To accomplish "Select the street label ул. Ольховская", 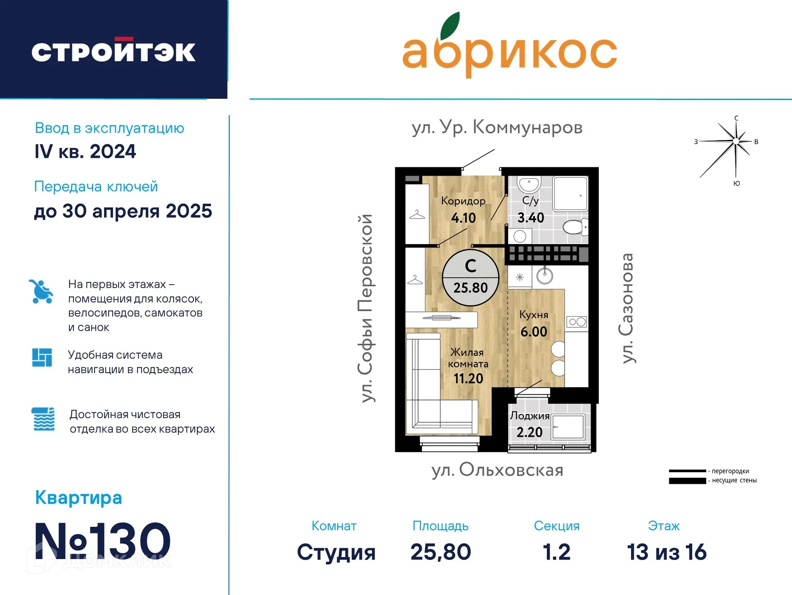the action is (497, 470).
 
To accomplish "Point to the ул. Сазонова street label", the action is (627, 308).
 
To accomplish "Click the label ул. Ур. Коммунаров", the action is (497, 127).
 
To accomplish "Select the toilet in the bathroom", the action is (576, 227).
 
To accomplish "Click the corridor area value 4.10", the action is (463, 218).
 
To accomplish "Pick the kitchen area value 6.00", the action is (534, 331).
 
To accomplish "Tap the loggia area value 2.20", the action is (530, 432).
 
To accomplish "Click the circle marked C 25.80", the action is (470, 278).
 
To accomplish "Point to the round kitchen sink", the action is (545, 276).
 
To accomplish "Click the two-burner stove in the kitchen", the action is (577, 322).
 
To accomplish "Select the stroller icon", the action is (41, 291).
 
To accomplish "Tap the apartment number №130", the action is (103, 541).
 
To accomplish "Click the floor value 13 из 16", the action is (667, 552).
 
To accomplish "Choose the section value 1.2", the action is (557, 552).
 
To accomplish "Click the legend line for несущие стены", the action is (687, 481).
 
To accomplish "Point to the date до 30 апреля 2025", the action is (123, 211).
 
